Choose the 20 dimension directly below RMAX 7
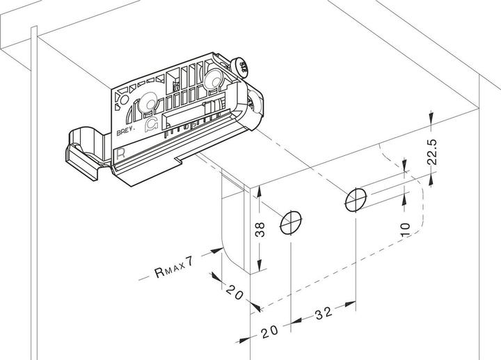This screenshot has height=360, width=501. tap(233, 292)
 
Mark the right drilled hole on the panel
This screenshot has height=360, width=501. tap(355, 200)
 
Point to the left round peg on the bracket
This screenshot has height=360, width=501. tap(148, 104)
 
